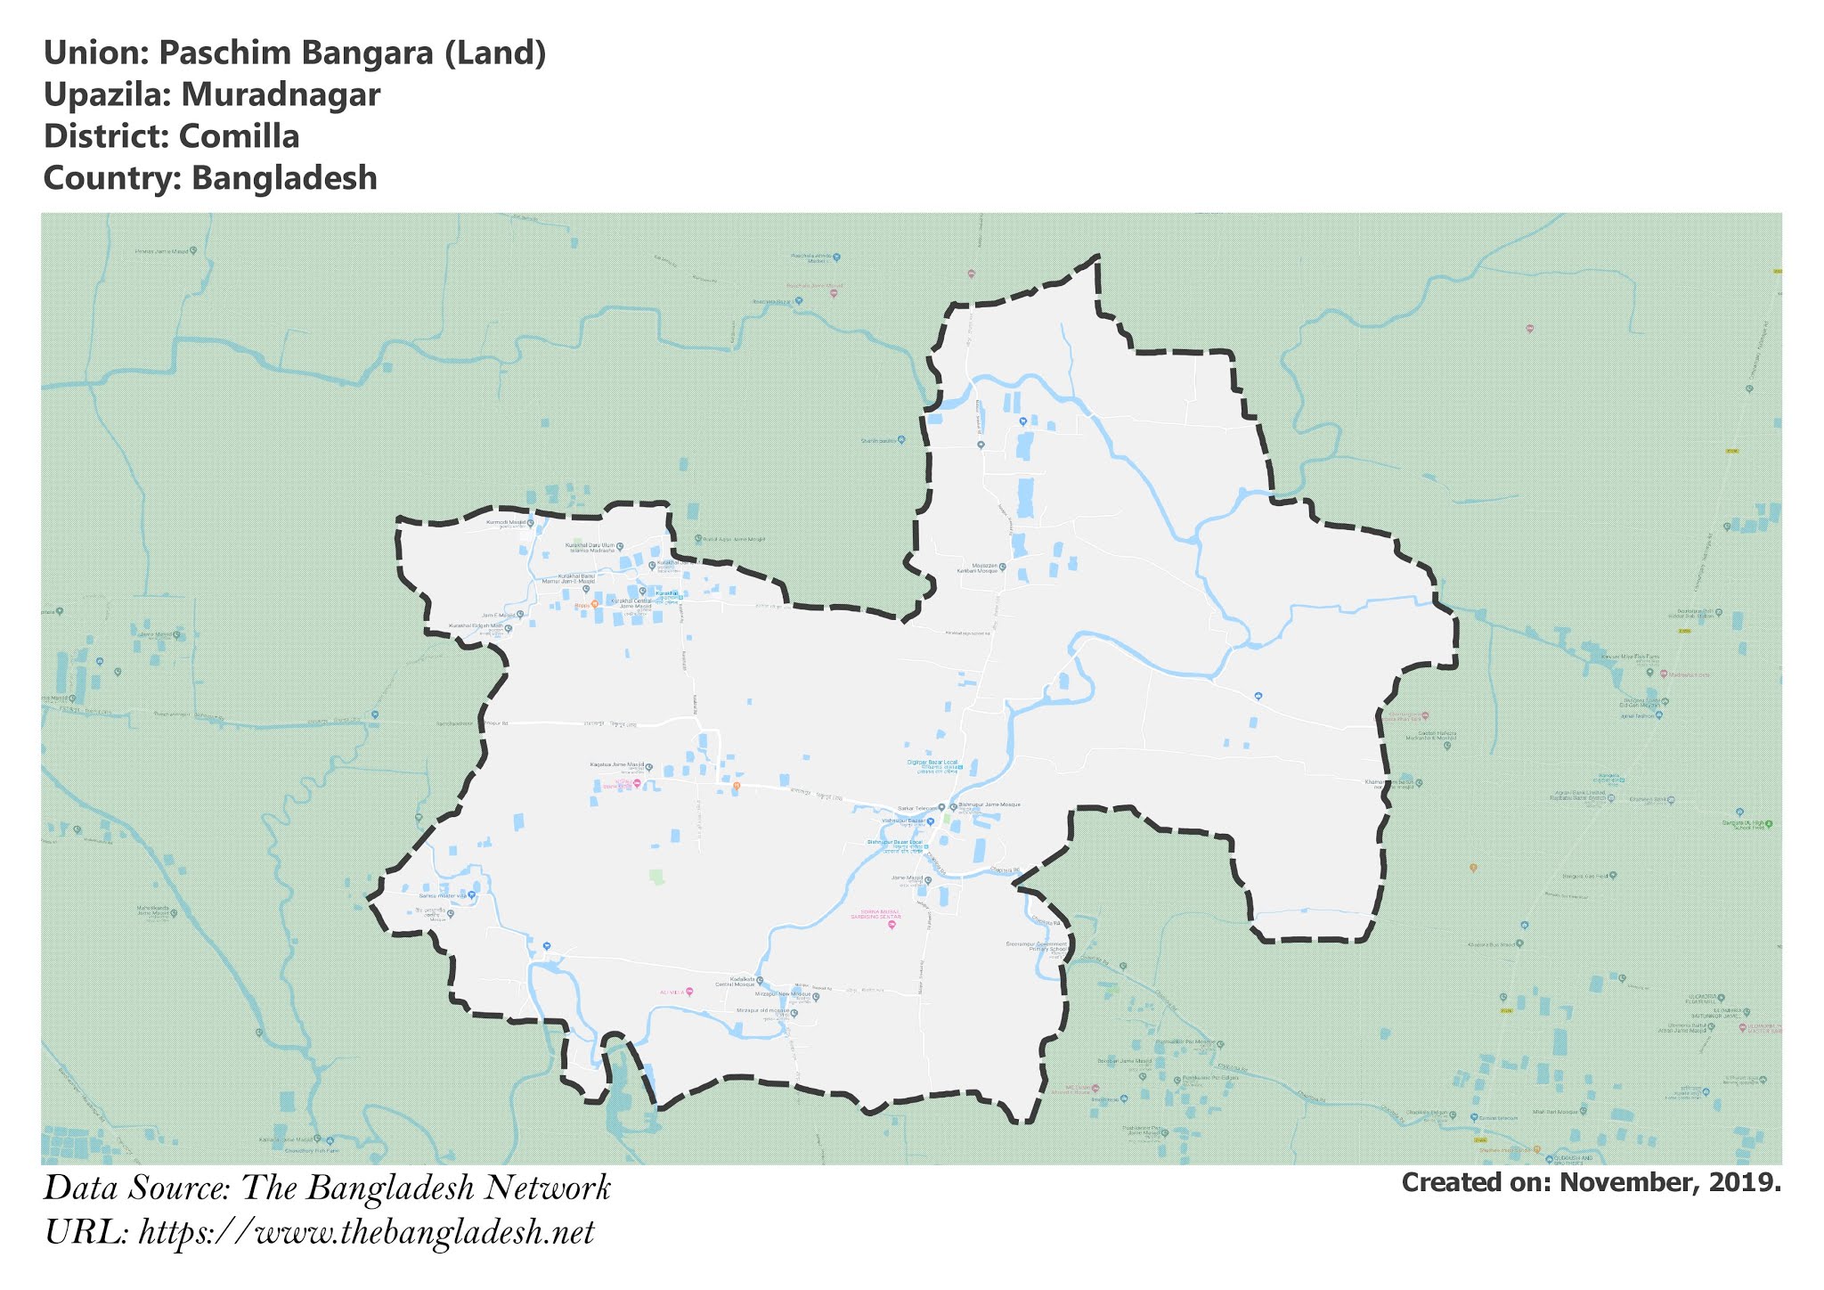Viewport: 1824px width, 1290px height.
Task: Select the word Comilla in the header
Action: (239, 136)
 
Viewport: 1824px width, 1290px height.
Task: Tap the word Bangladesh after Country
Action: (284, 178)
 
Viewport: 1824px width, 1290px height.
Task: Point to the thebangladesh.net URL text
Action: (366, 1233)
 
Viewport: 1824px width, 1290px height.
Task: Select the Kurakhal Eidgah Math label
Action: (476, 626)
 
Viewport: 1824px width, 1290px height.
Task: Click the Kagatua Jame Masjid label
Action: (616, 764)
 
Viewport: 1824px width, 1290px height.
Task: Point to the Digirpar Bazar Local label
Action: (932, 763)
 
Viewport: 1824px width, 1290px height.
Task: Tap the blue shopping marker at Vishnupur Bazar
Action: (931, 821)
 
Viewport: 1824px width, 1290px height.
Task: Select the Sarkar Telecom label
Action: (917, 807)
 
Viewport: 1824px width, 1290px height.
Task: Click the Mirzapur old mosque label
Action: (763, 1011)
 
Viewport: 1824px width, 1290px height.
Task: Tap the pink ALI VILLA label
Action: (672, 992)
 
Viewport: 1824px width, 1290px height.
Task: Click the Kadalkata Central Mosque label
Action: (742, 981)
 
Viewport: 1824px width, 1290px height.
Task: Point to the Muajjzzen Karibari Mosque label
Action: (977, 567)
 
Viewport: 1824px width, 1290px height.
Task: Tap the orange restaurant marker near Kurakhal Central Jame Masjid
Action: (594, 604)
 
